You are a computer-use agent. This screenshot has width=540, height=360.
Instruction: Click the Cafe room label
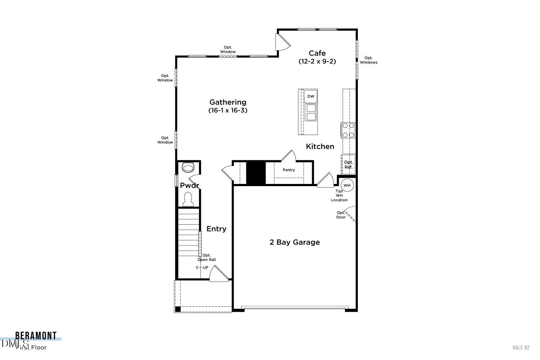[x=317, y=53]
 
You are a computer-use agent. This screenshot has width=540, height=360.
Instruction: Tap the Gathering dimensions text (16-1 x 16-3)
[x=228, y=111]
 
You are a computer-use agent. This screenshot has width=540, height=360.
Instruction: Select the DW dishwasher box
[x=311, y=96]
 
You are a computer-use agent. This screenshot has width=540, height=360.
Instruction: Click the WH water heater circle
[x=347, y=185]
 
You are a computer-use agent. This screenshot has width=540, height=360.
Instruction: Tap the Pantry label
[x=289, y=170]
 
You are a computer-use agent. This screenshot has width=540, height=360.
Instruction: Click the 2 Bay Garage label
[x=294, y=242]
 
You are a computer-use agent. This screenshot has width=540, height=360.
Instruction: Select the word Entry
[x=216, y=229]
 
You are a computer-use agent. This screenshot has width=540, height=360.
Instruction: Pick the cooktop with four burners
[x=348, y=130]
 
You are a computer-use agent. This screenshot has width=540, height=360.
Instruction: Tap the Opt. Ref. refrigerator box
[x=348, y=165]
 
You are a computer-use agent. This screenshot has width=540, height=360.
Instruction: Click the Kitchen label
[x=320, y=147]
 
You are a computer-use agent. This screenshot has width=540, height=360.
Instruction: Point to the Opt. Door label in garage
[x=341, y=215]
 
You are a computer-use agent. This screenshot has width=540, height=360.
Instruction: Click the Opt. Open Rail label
[x=207, y=257]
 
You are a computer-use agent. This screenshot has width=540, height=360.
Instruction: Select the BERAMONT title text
[x=36, y=336]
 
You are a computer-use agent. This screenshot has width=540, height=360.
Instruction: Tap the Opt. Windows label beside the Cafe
[x=369, y=60]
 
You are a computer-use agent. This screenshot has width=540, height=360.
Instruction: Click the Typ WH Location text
[x=339, y=195]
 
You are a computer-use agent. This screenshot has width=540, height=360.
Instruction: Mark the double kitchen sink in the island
[x=311, y=112]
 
